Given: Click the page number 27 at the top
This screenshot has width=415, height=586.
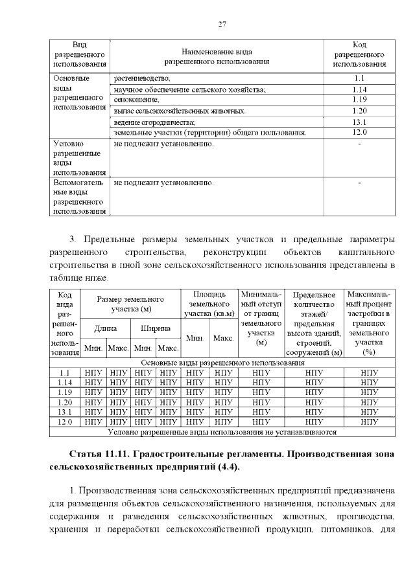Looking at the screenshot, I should tap(221, 24).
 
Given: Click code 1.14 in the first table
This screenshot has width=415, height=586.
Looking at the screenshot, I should tap(360, 89).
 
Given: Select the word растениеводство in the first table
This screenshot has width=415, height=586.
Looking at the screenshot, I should tap(143, 78).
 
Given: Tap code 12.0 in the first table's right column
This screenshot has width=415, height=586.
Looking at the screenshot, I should tap(360, 132).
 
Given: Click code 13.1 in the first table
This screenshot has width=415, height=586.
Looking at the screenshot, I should tap(360, 122).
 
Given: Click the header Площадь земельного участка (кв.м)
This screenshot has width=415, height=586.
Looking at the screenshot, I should tap(209, 304).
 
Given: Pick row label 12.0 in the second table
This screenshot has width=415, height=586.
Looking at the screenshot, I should tap(65, 422).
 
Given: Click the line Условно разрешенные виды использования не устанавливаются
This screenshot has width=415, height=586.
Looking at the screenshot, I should tap(222, 431).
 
